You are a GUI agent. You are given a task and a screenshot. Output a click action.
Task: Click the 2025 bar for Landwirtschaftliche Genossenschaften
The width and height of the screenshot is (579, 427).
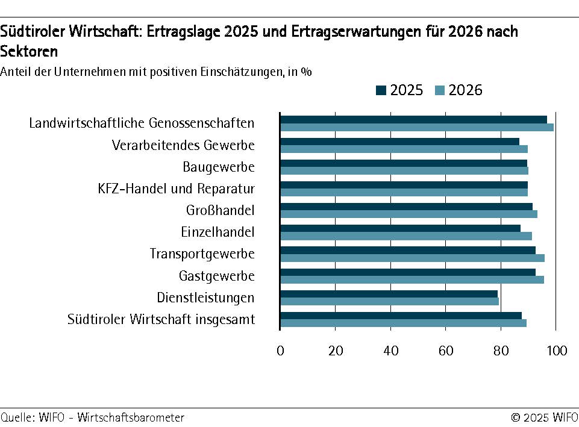click(x=413, y=119)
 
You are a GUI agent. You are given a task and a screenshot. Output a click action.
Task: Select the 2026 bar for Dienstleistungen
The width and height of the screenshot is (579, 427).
click(x=390, y=301)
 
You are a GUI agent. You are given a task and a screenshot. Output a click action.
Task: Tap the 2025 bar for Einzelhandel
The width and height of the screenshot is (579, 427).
click(x=400, y=228)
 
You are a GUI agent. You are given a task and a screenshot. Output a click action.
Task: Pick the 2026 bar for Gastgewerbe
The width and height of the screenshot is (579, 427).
click(x=412, y=279)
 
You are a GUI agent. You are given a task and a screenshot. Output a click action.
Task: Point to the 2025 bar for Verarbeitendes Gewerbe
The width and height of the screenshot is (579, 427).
click(x=399, y=142)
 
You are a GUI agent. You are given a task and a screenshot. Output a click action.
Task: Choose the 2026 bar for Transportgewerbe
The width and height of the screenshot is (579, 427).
click(x=412, y=258)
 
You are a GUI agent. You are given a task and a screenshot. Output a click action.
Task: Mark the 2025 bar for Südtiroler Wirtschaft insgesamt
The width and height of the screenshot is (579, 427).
click(x=401, y=315)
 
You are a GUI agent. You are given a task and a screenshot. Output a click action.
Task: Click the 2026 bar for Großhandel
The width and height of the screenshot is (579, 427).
click(x=408, y=214)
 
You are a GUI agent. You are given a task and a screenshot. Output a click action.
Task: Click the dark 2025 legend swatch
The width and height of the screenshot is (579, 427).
click(x=381, y=90)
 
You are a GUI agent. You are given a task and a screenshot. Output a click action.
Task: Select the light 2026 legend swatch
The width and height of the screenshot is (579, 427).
click(x=440, y=90)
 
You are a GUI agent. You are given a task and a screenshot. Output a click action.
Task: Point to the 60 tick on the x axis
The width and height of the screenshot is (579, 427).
click(x=446, y=350)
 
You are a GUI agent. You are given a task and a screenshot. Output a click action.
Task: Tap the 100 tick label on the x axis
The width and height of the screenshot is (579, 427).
click(x=556, y=350)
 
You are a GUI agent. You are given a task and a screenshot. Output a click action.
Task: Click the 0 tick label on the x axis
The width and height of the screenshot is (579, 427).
click(x=280, y=350)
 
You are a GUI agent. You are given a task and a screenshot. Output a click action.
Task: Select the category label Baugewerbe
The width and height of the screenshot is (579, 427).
click(x=219, y=167)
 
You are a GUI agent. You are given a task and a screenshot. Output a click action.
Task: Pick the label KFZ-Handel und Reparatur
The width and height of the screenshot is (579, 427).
click(x=176, y=189)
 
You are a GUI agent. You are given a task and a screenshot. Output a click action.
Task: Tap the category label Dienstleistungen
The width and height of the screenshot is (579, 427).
click(x=205, y=298)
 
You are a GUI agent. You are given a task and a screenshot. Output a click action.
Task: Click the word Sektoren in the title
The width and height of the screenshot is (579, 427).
click(x=29, y=51)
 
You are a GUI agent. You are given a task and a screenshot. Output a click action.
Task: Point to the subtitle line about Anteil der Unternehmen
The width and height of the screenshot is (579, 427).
click(x=156, y=72)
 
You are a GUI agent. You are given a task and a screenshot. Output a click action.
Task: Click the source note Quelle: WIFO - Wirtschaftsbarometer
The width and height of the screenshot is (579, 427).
click(x=92, y=417)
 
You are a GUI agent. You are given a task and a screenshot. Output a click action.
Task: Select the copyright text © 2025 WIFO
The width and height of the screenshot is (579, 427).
click(x=544, y=417)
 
